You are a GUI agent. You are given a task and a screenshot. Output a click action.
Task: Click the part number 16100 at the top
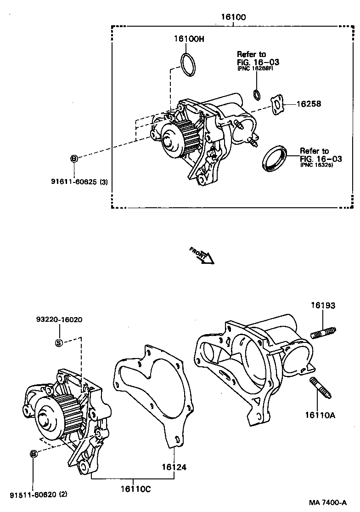(233, 17)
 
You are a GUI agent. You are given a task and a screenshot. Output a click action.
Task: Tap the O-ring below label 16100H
(187, 64)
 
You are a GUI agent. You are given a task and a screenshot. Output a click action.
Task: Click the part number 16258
(308, 104)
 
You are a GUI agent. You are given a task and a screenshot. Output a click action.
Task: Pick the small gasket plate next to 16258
(277, 104)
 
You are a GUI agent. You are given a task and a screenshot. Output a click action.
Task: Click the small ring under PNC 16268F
(257, 94)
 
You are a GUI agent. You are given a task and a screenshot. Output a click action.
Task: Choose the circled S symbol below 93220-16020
(59, 342)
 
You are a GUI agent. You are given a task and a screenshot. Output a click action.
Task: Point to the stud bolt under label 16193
(324, 333)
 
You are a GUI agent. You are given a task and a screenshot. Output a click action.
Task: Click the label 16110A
(320, 415)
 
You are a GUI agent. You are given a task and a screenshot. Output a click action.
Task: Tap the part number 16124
(174, 467)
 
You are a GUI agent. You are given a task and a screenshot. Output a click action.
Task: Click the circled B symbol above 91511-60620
(34, 454)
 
